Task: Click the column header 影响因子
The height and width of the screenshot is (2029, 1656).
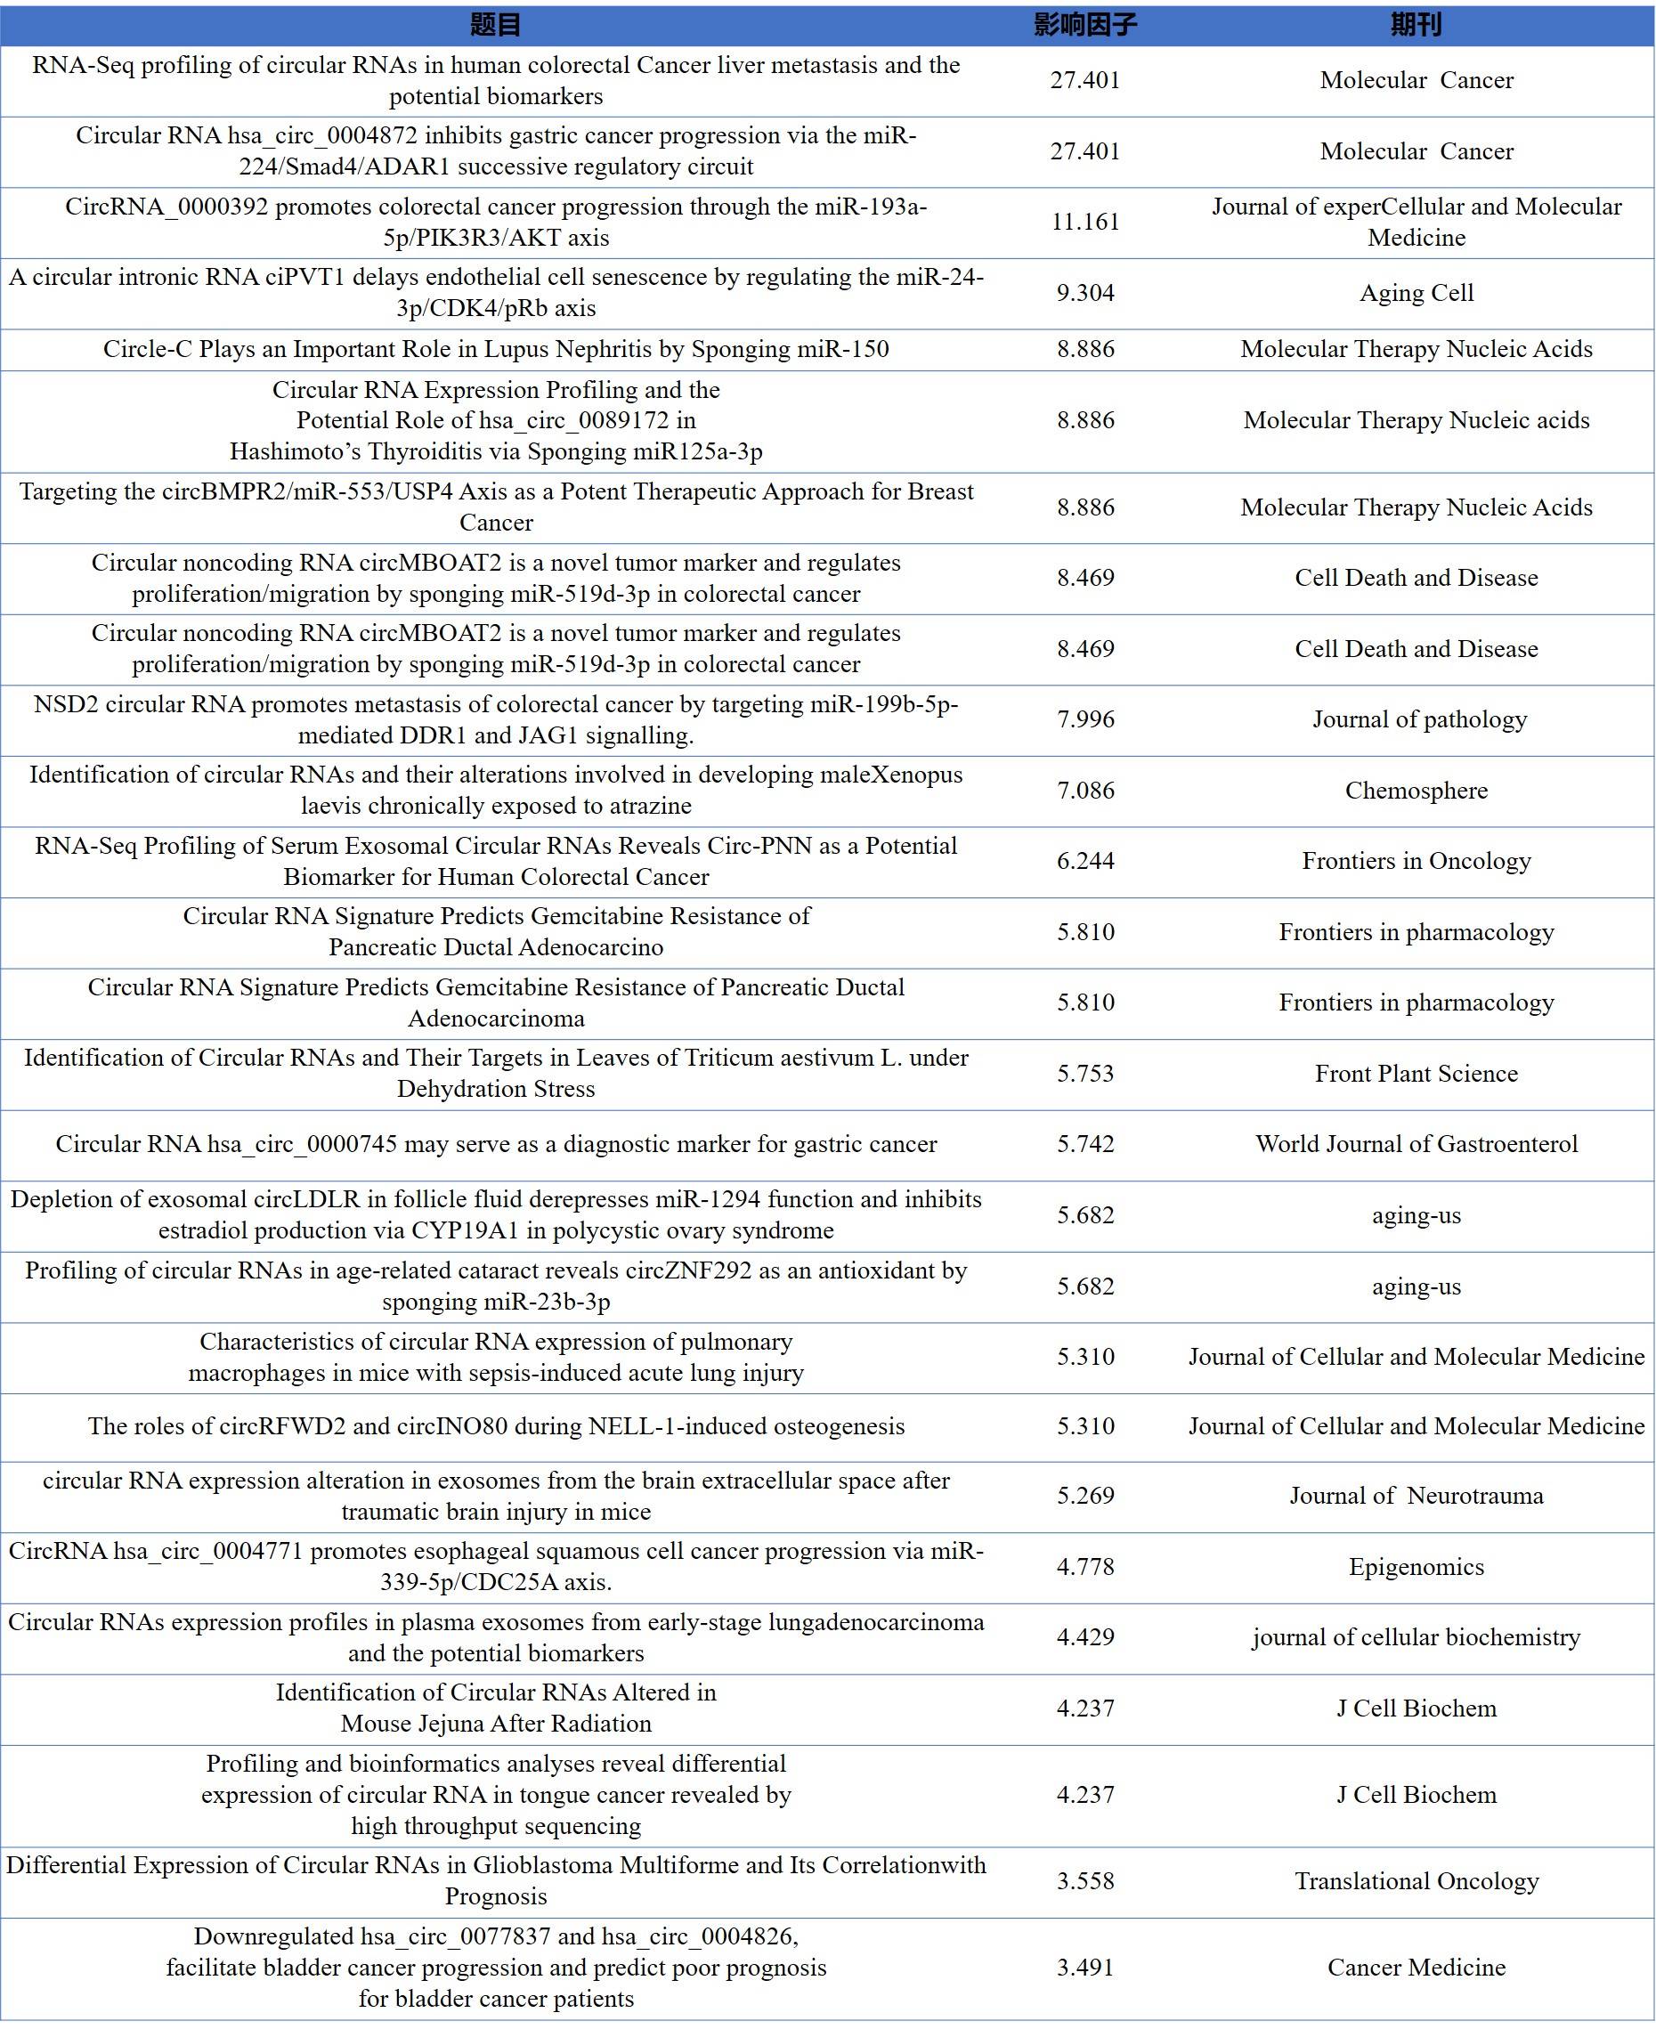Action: [1084, 25]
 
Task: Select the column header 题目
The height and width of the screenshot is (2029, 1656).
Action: [495, 25]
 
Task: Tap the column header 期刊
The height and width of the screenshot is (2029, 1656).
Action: [1416, 25]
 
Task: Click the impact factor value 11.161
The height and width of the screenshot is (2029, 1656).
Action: [1084, 223]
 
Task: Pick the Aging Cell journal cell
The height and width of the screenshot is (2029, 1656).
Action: [1416, 293]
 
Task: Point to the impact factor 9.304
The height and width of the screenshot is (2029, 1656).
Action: [1084, 293]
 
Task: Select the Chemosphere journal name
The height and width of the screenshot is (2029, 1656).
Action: [1416, 791]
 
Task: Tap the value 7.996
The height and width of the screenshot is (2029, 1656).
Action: [1084, 719]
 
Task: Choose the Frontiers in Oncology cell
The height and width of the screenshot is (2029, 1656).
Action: [1416, 862]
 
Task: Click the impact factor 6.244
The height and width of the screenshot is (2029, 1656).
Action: [1084, 862]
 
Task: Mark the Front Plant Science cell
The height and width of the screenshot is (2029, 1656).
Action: [1416, 1074]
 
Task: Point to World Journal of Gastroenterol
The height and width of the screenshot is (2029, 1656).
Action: [1416, 1145]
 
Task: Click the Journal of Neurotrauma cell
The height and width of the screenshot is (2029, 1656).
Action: [1416, 1496]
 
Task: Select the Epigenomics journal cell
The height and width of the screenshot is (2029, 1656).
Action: [1416, 1567]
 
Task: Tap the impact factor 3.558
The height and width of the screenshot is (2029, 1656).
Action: [1084, 1881]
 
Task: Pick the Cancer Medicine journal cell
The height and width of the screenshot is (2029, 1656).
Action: [1416, 1968]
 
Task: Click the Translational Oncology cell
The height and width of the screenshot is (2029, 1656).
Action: [1416, 1881]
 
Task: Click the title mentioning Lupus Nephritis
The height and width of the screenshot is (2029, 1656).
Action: [495, 349]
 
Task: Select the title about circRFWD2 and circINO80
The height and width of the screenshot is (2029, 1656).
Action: [495, 1426]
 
